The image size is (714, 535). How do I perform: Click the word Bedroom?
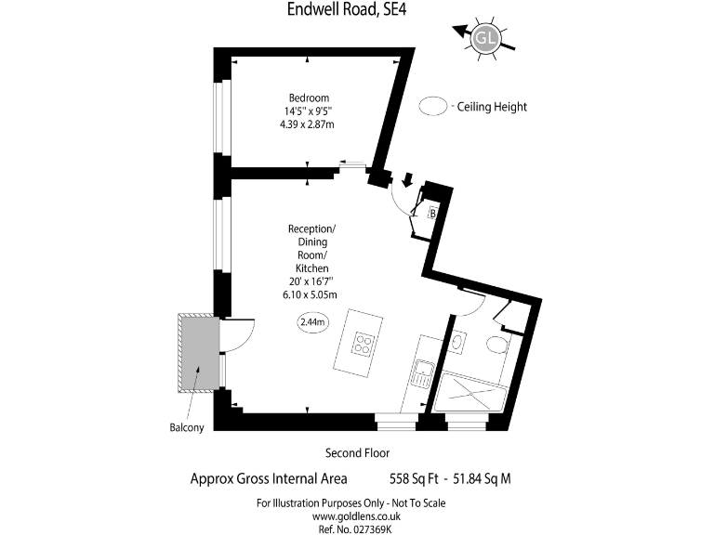click(x=308, y=98)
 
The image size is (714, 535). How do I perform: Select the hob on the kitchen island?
click(x=363, y=345)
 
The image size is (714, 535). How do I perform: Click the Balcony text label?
click(x=187, y=428)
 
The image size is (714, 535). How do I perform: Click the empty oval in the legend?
click(x=432, y=107)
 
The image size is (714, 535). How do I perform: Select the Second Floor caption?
click(x=355, y=453)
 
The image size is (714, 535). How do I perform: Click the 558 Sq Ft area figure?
click(x=414, y=479)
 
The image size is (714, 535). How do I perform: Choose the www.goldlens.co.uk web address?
click(x=350, y=515)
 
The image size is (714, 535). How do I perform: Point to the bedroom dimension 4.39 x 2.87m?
click(x=309, y=124)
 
